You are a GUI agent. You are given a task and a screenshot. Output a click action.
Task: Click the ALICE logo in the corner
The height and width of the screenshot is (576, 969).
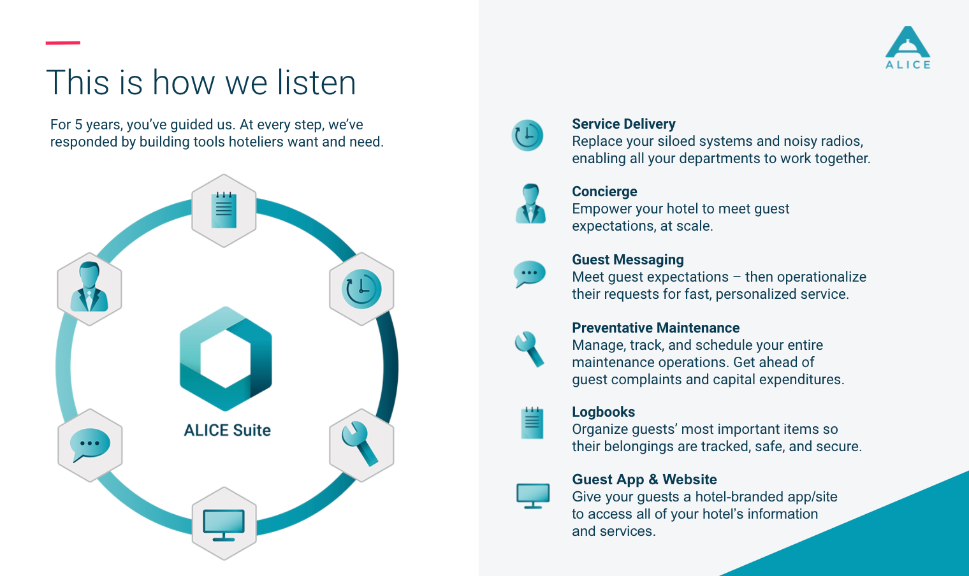(908, 47)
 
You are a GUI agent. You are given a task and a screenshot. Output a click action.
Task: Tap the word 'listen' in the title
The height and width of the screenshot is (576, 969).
(316, 83)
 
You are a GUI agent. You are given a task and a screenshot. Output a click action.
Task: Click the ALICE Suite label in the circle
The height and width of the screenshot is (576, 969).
(227, 430)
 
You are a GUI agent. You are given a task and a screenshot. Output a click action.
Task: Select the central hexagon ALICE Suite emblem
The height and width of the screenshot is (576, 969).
(226, 358)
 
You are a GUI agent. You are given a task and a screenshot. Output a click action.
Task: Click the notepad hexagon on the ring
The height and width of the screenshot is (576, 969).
(224, 210)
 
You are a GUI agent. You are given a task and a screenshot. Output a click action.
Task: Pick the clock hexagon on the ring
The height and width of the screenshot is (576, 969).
(361, 289)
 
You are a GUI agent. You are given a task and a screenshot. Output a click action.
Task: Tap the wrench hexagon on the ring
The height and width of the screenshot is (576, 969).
(361, 445)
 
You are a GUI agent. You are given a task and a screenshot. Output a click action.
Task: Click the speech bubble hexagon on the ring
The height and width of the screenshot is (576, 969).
(90, 445)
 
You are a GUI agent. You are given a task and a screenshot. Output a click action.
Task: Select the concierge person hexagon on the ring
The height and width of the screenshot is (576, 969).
(89, 289)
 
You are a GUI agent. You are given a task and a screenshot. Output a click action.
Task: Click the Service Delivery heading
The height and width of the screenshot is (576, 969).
(623, 124)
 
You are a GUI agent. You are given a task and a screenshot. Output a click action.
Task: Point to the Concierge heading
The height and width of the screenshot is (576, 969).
(604, 192)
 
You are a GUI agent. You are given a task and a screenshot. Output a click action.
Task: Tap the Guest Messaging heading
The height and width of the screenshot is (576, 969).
(627, 260)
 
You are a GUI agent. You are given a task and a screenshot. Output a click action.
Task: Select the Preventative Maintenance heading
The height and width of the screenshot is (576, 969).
(655, 328)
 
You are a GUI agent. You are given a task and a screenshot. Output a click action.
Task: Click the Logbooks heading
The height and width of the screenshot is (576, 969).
(603, 412)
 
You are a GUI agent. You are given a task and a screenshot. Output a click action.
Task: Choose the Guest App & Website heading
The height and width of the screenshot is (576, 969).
(644, 480)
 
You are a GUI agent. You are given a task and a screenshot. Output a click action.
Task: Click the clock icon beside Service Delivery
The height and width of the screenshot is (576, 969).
(527, 135)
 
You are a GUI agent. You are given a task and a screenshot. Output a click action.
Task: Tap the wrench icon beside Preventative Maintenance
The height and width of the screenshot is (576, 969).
(530, 349)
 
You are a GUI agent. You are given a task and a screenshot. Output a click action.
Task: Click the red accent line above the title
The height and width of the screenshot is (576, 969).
(62, 43)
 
